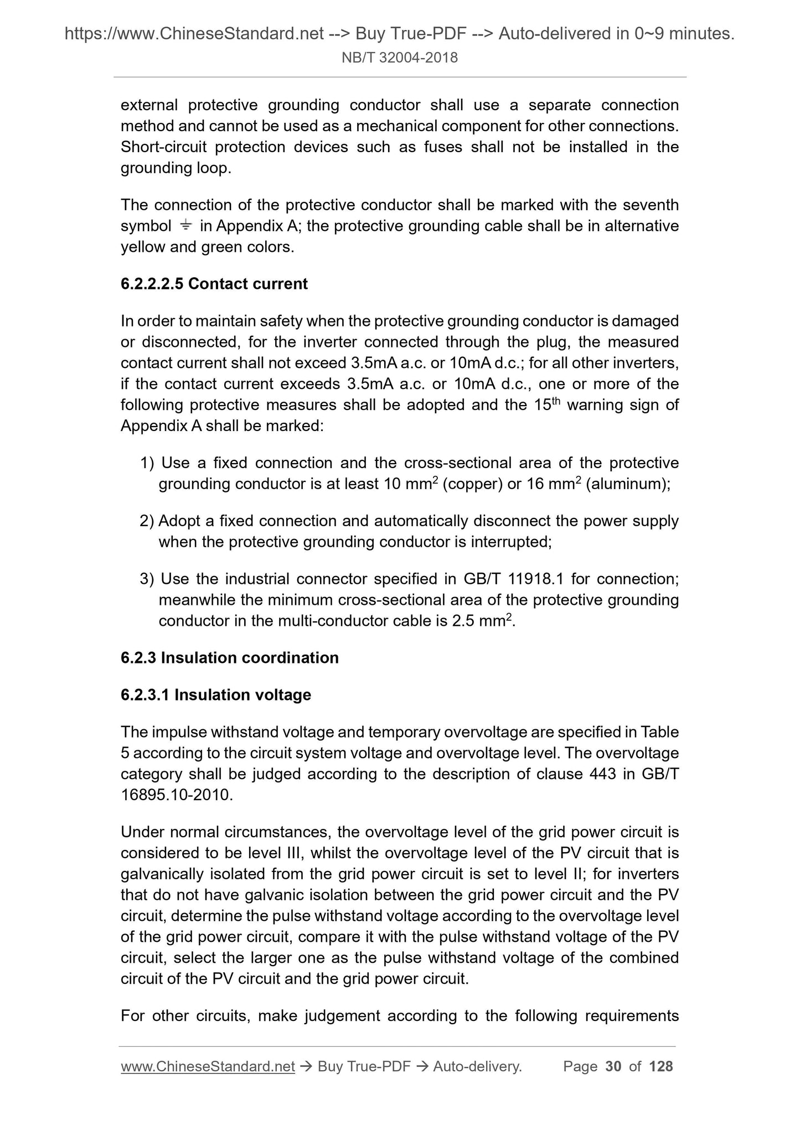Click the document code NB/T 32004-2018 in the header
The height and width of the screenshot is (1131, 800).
point(400,58)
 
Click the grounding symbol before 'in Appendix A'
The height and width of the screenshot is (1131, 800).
point(185,225)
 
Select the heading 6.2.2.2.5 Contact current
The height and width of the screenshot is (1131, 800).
point(214,284)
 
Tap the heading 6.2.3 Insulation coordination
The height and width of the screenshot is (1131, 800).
point(229,657)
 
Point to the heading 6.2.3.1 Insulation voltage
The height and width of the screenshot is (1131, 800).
point(215,694)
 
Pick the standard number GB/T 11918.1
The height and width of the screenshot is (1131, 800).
point(512,579)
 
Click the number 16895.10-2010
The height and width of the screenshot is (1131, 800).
point(175,795)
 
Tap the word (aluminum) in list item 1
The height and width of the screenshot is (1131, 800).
point(628,484)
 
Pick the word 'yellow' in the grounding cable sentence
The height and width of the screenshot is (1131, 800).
point(143,247)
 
